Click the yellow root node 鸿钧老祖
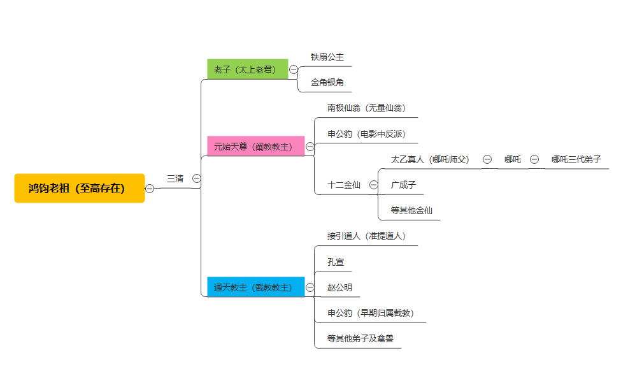(80, 188)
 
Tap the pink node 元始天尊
(255, 146)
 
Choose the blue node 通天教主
(255, 287)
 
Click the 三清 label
(175, 178)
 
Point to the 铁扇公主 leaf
(327, 57)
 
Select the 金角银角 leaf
(327, 82)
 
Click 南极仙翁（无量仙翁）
(366, 108)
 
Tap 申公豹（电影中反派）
(366, 134)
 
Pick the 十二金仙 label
(344, 185)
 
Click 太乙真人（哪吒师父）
(430, 159)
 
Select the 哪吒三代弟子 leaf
(576, 159)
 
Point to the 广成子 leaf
(404, 185)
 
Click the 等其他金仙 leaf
(412, 210)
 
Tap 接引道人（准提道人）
(366, 236)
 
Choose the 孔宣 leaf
(336, 261)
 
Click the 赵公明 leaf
(339, 287)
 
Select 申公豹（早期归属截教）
(370, 313)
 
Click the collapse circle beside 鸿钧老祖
(150, 188)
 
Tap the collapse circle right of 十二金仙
(374, 185)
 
